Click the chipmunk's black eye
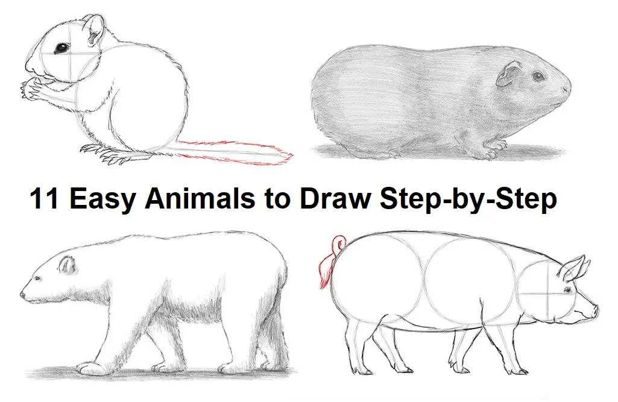(61, 48)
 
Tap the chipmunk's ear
(95, 31)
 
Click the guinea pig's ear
(508, 74)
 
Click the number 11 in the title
(44, 198)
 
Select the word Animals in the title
(200, 198)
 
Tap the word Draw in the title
(335, 198)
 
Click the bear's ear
(67, 265)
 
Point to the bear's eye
(38, 278)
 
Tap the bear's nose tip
(22, 294)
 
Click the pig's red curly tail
(330, 260)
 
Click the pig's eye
(568, 291)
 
